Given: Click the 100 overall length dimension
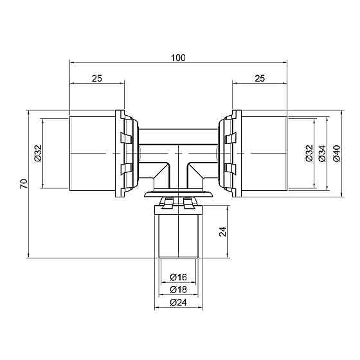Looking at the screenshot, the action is click(178, 58).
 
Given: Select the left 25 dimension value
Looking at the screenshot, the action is click(97, 78).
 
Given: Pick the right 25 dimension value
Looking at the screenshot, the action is click(260, 78).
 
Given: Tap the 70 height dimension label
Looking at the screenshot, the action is click(24, 184).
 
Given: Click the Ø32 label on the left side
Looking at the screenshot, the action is click(39, 153).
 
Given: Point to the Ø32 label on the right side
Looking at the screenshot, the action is click(309, 153).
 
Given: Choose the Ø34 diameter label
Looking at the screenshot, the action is click(322, 153).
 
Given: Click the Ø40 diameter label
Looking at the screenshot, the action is click(337, 153).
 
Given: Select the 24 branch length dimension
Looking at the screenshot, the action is click(222, 231).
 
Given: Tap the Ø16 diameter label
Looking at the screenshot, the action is click(179, 277).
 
